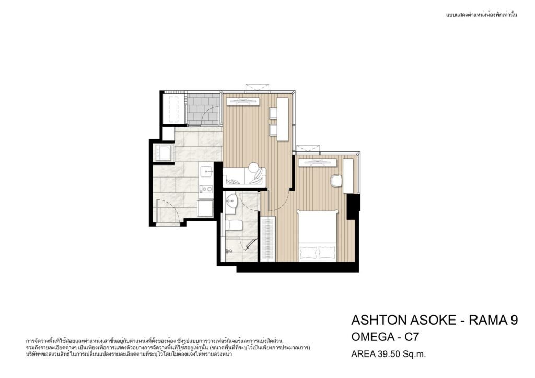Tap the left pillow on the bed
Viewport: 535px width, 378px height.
pyautogui.click(x=308, y=253)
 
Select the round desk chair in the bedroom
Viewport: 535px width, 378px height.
pyautogui.click(x=336, y=180)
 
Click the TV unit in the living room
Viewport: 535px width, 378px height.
pyautogui.click(x=242, y=101)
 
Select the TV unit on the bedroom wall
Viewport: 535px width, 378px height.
pyautogui.click(x=316, y=162)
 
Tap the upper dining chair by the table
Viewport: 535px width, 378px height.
pyautogui.click(x=273, y=113)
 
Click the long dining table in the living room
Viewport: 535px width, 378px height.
pyautogui.click(x=283, y=119)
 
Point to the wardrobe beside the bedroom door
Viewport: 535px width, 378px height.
pyautogui.click(x=268, y=239)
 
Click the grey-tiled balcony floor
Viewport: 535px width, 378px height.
pyautogui.click(x=203, y=109)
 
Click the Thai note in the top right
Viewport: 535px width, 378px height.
pyautogui.click(x=481, y=15)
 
